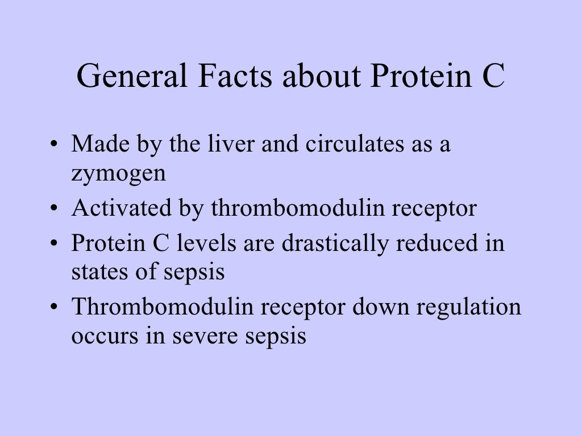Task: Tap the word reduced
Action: [435, 244]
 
